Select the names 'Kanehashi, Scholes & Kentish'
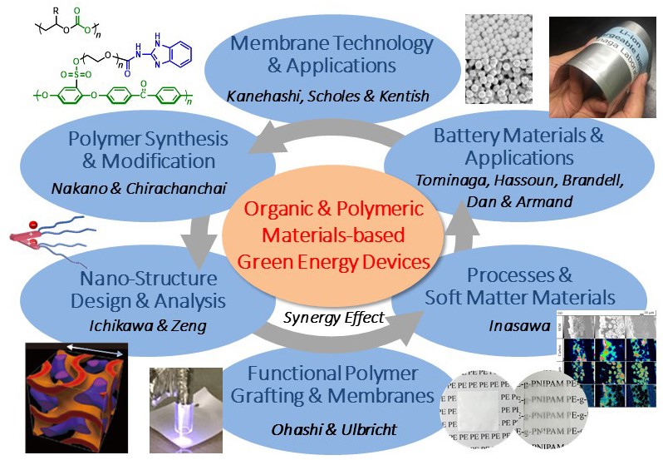coord(328,96)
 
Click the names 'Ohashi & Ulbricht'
coord(332,429)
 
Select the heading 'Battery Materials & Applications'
coord(519,146)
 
